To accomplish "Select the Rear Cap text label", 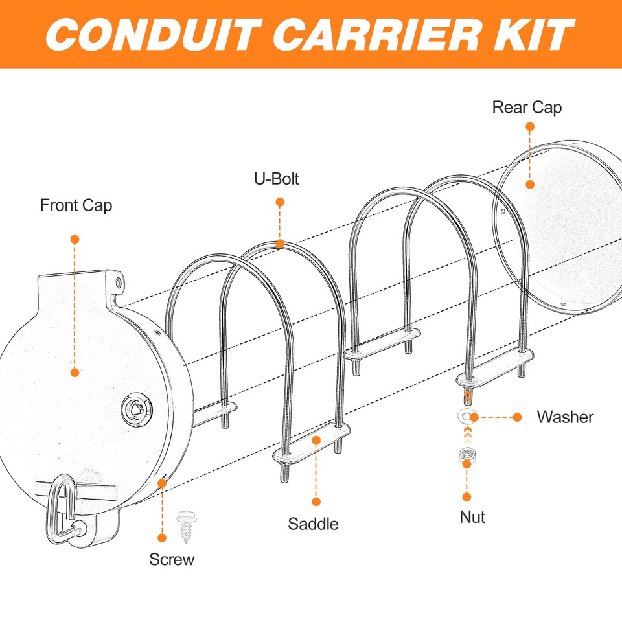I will tap(527, 107).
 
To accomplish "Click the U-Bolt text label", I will tap(277, 179).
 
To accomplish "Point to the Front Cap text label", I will tap(76, 205).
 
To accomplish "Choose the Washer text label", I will tap(565, 417).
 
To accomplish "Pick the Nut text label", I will tap(472, 517).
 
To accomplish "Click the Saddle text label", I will tap(313, 524).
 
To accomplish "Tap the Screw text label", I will tap(172, 559).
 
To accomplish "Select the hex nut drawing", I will tap(466, 456).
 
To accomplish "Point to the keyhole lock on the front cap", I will tap(136, 408).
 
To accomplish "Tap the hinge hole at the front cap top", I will tap(118, 282).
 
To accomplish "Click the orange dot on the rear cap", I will tap(529, 185).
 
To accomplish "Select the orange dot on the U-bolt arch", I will tap(280, 244).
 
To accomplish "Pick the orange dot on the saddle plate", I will tap(316, 441).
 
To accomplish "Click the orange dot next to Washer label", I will tap(517, 417).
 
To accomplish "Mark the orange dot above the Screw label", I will tap(162, 537).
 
